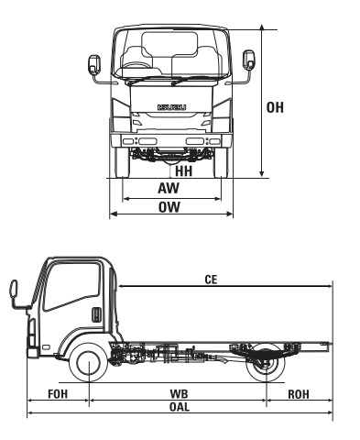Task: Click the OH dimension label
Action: tap(275, 108)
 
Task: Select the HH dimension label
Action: tap(183, 170)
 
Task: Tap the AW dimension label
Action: tap(168, 188)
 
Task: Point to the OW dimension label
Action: tap(168, 207)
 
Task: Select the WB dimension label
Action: tap(179, 392)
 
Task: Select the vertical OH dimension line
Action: tap(262, 101)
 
